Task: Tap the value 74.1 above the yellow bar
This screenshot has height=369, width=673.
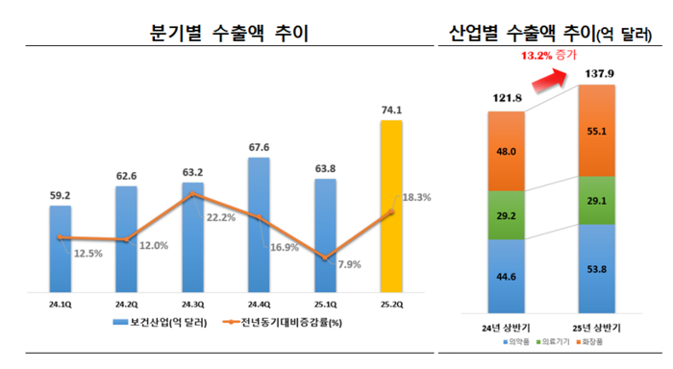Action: pyautogui.click(x=391, y=111)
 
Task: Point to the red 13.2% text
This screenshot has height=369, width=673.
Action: pyautogui.click(x=536, y=57)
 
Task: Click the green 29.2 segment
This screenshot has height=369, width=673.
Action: pyautogui.click(x=508, y=214)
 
